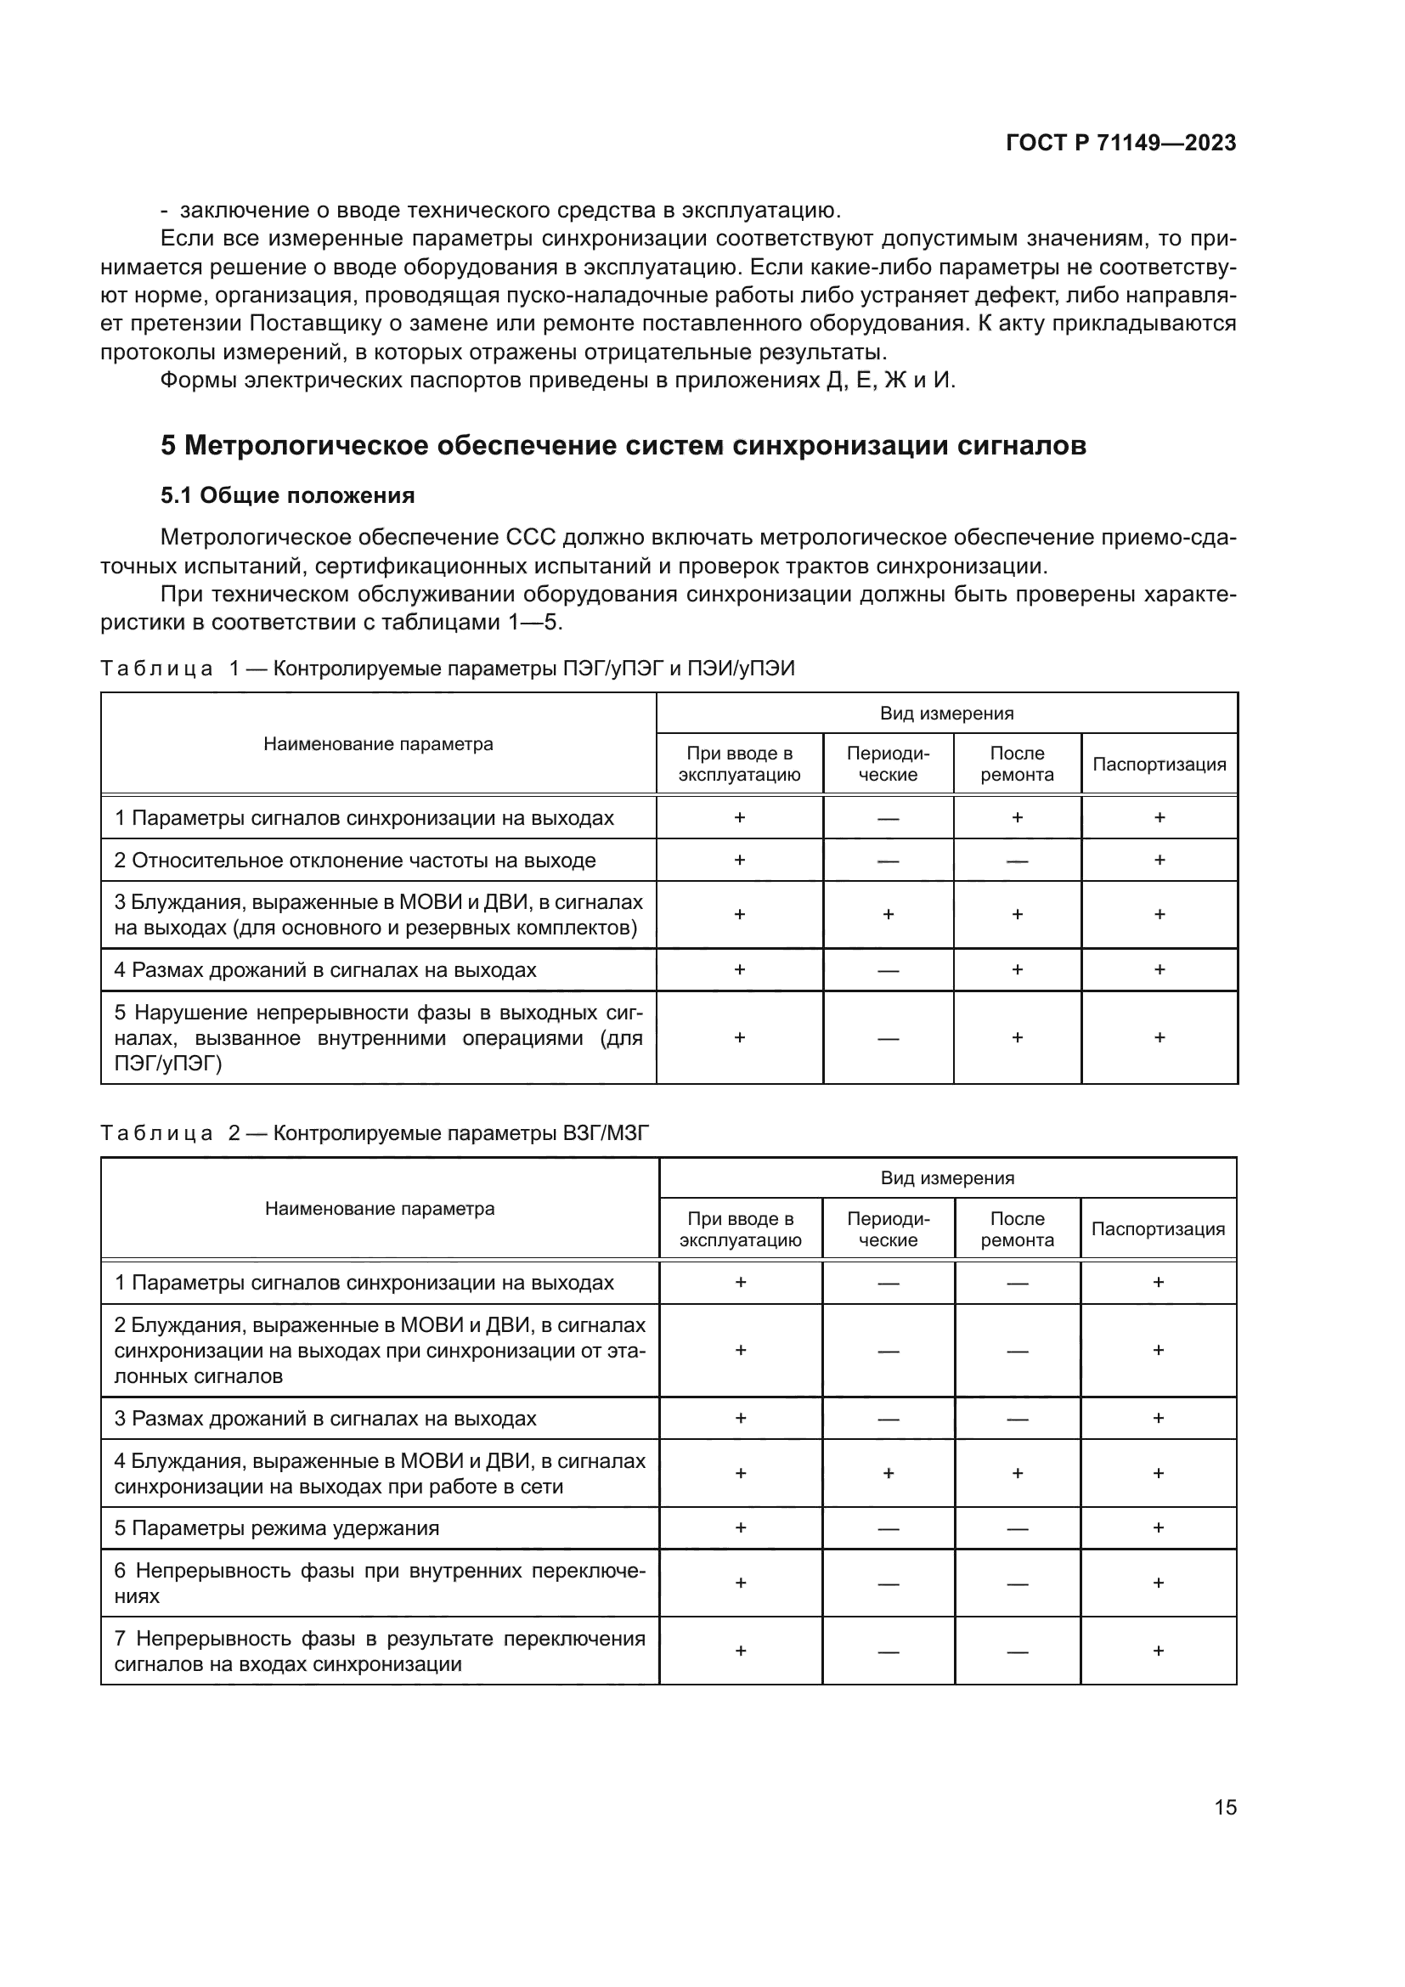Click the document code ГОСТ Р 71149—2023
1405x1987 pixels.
click(1120, 144)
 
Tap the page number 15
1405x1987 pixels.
click(1225, 1807)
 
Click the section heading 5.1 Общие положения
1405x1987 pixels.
click(287, 495)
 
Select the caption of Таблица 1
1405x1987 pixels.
click(448, 668)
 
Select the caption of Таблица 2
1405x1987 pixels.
click(375, 1133)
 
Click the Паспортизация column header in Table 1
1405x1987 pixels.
click(1159, 765)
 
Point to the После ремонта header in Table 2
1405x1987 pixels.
click(1017, 1229)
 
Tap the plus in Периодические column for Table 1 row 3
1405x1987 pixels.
click(888, 915)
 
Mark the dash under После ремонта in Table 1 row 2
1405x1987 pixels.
click(1017, 861)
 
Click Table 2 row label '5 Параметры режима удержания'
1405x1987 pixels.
click(277, 1527)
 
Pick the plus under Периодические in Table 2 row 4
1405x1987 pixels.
click(888, 1473)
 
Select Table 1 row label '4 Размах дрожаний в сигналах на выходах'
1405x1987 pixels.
click(325, 969)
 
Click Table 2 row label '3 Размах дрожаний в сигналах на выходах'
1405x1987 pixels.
click(325, 1419)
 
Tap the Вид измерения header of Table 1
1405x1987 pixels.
click(946, 713)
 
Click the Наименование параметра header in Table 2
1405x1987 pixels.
click(379, 1208)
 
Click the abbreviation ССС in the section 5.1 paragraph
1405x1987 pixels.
click(529, 538)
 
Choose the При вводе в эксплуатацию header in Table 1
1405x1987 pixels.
click(739, 764)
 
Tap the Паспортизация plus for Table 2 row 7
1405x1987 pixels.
click(1158, 1651)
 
